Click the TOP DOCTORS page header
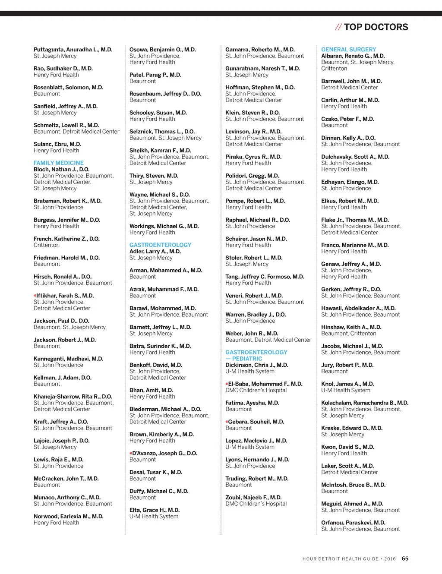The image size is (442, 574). click(376, 27)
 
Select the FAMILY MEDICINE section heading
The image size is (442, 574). click(59, 163)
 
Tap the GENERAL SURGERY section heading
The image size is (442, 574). click(348, 50)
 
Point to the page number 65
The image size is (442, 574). click(405, 558)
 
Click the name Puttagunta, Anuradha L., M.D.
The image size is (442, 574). click(73, 50)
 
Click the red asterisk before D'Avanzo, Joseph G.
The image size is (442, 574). click(131, 454)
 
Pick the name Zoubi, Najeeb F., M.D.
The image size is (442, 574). click(253, 498)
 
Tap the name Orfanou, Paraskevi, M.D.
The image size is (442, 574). click(353, 523)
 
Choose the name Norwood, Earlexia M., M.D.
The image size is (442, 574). click(69, 517)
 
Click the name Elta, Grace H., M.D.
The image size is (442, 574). click(155, 510)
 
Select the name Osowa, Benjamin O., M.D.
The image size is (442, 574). click(163, 50)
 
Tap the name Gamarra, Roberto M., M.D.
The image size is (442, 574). click(260, 50)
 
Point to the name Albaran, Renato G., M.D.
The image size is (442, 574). click(353, 56)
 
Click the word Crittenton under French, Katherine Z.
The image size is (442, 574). click(47, 245)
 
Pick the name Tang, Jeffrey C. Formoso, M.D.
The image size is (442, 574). click(265, 277)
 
